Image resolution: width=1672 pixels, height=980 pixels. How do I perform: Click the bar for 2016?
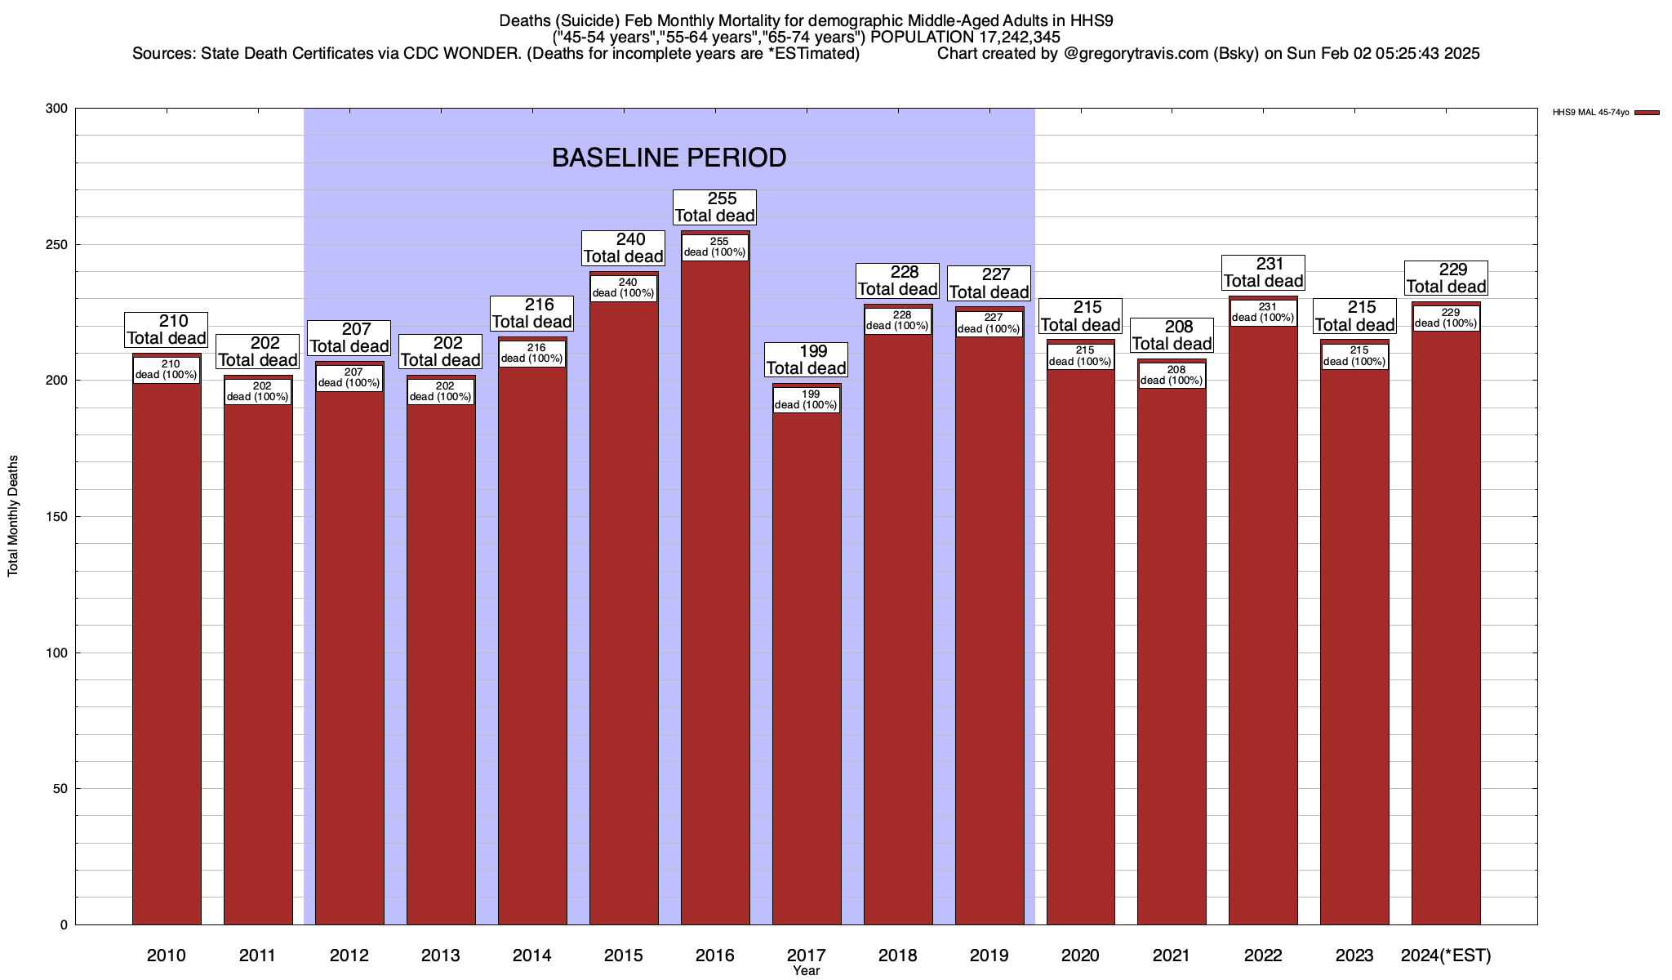(715, 588)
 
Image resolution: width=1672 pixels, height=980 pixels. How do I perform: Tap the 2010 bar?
(167, 645)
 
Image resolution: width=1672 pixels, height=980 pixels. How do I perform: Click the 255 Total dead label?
(715, 207)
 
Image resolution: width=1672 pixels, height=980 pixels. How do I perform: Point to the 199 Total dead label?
(807, 360)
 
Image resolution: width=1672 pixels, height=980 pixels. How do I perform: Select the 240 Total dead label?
(624, 248)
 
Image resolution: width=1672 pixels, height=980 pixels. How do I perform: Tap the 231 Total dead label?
(1263, 273)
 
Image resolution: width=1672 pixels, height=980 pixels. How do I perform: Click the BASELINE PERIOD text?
(669, 158)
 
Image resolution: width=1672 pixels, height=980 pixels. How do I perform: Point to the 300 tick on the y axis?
(57, 109)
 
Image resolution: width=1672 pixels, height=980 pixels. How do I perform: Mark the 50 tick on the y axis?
(60, 789)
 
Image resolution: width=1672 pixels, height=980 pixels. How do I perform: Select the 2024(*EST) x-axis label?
(1446, 955)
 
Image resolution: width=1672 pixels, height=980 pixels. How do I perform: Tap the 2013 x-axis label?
(441, 955)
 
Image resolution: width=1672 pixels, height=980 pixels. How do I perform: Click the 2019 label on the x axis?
(989, 955)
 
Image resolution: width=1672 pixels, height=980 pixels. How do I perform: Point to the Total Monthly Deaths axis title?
(13, 516)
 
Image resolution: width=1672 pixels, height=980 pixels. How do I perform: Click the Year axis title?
(807, 971)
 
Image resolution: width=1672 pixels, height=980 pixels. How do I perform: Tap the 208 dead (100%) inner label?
(1172, 376)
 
